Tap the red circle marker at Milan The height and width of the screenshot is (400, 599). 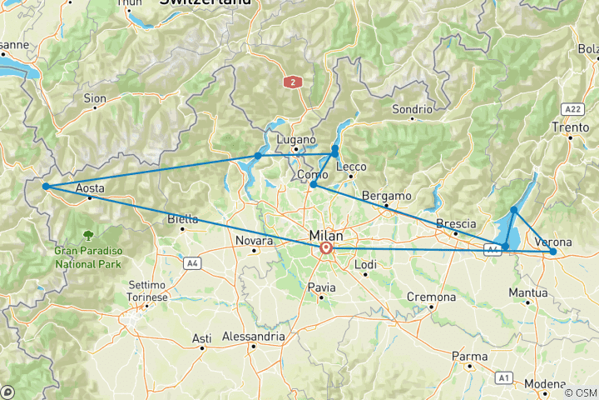(326, 248)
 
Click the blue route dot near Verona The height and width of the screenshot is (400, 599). (553, 251)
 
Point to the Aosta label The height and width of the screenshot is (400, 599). (90, 188)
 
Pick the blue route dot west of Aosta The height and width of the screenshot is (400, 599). (46, 187)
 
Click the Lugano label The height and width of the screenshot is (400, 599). (297, 139)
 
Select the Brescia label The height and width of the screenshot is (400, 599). (457, 223)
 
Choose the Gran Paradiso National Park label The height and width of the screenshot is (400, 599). (88, 257)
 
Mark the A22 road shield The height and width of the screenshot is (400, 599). (572, 109)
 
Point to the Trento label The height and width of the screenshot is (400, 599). (571, 127)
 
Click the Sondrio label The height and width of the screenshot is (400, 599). (413, 109)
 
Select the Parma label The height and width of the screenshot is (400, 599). (470, 357)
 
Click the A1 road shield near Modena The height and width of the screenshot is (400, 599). (503, 377)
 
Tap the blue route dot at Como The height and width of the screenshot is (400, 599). (314, 185)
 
